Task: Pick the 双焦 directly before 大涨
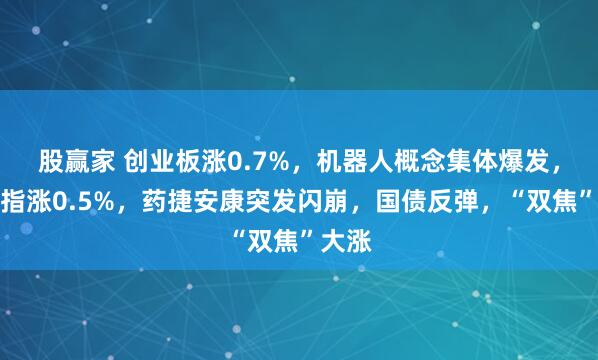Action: (x=272, y=240)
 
